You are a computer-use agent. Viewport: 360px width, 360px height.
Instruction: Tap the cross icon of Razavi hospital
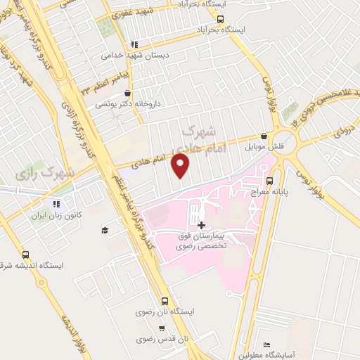click(x=202, y=225)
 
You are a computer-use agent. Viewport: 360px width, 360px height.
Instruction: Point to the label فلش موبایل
click(x=263, y=148)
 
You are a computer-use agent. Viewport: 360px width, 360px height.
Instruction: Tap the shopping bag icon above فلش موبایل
click(x=264, y=136)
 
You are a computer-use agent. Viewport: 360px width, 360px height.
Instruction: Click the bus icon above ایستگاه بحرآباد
click(x=221, y=20)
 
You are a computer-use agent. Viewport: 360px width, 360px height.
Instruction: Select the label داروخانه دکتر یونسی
click(x=129, y=103)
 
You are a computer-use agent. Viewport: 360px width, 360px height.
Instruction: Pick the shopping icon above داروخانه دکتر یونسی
click(x=127, y=93)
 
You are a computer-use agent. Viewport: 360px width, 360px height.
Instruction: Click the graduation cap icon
click(x=105, y=230)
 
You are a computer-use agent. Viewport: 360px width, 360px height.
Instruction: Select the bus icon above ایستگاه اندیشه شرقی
click(x=26, y=255)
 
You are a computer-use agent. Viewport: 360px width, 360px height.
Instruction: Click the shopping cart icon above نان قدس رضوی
click(x=162, y=328)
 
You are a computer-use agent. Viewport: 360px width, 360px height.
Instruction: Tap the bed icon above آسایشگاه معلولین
click(x=266, y=345)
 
